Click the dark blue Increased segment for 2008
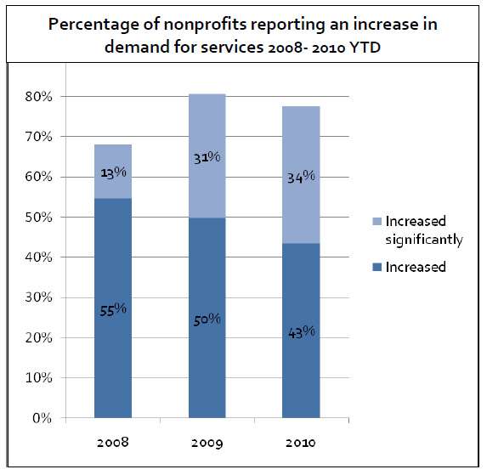point(113,357)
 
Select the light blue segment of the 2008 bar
point(113,157)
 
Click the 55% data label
point(113,309)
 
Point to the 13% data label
point(113,172)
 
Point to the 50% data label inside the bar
point(207,319)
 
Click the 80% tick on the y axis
point(39,97)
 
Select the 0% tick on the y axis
point(42,418)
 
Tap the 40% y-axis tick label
point(39,257)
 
